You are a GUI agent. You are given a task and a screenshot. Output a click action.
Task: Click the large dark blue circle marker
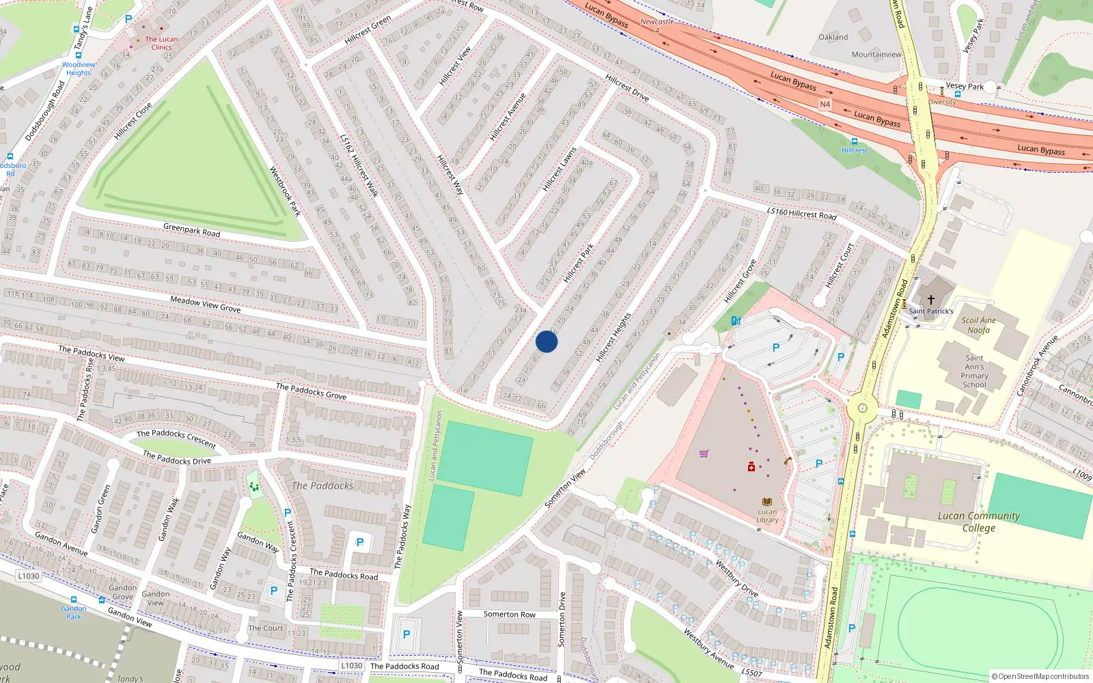click(546, 341)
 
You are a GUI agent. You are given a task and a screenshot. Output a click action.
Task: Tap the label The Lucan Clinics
click(161, 43)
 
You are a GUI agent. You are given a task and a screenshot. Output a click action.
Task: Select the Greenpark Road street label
click(192, 230)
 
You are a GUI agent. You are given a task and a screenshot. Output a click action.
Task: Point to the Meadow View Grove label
click(205, 304)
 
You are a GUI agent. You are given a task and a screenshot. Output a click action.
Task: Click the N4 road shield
click(825, 104)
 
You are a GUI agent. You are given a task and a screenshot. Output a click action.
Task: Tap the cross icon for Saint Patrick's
click(930, 300)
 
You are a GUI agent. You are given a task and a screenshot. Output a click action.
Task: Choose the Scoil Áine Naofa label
click(978, 325)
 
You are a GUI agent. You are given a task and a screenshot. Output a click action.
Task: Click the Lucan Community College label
click(978, 522)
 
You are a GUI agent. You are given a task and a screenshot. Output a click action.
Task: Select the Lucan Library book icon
click(767, 502)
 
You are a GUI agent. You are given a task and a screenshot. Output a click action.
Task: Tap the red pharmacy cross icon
click(751, 467)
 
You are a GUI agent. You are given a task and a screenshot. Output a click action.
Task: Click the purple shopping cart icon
click(704, 454)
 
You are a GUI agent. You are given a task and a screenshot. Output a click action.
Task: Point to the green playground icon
click(254, 486)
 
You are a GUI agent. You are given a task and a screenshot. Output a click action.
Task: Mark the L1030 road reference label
click(29, 576)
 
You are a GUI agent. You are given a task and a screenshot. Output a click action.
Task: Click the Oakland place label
click(833, 38)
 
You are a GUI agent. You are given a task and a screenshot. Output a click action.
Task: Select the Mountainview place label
click(876, 55)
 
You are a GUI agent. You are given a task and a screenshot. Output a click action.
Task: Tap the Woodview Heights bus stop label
click(79, 69)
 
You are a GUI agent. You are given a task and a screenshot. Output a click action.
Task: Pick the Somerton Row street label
click(509, 614)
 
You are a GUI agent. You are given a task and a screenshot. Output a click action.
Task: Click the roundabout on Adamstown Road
click(862, 410)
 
